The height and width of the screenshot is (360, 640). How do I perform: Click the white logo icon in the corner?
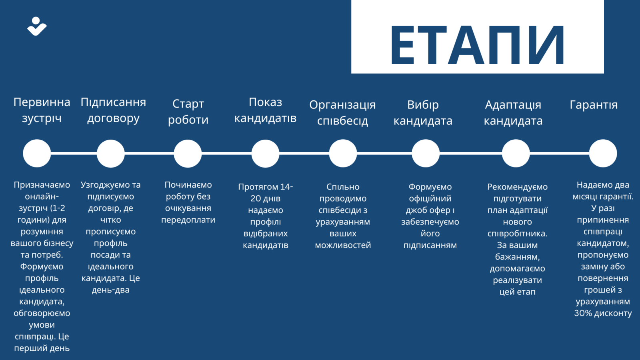pyautogui.click(x=37, y=26)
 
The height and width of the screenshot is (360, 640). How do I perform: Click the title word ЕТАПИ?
pyautogui.click(x=478, y=44)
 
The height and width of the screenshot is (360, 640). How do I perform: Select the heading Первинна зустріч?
pyautogui.click(x=42, y=110)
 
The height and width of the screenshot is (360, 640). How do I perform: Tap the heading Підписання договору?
pyautogui.click(x=113, y=110)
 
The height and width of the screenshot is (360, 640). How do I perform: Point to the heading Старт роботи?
pyautogui.click(x=188, y=112)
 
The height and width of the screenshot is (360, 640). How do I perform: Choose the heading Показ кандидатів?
pyautogui.click(x=266, y=110)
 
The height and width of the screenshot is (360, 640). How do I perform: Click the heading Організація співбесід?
pyautogui.click(x=342, y=112)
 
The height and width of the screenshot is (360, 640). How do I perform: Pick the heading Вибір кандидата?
pyautogui.click(x=423, y=112)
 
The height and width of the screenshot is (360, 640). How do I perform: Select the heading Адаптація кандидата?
pyautogui.click(x=513, y=112)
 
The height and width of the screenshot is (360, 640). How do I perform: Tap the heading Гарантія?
pyautogui.click(x=594, y=105)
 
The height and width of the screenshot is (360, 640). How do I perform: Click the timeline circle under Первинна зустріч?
pyautogui.click(x=37, y=154)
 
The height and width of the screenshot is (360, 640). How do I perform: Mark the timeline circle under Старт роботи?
pyautogui.click(x=188, y=154)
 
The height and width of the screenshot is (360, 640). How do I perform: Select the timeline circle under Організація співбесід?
pyautogui.click(x=343, y=154)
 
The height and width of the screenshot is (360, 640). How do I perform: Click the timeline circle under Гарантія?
pyautogui.click(x=603, y=154)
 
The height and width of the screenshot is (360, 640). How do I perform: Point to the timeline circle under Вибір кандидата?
pyautogui.click(x=426, y=154)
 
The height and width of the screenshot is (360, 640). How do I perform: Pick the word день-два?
pyautogui.click(x=110, y=290)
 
